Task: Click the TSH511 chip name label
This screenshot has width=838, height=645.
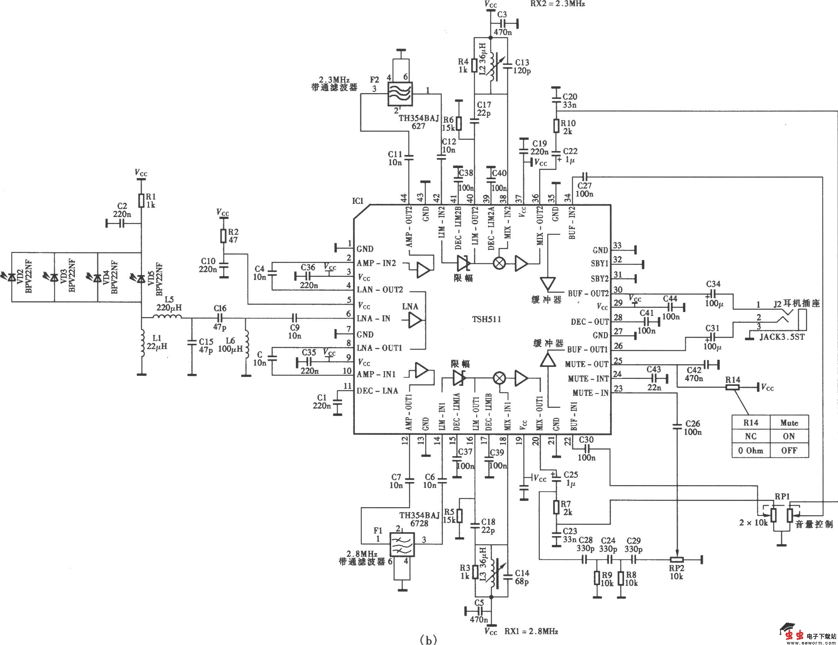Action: pyautogui.click(x=486, y=320)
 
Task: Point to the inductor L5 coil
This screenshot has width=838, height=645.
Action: pyautogui.click(x=167, y=317)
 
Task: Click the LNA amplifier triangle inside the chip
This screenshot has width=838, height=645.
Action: pyautogui.click(x=416, y=320)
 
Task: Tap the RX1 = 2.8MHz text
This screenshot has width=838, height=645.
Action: pyautogui.click(x=531, y=631)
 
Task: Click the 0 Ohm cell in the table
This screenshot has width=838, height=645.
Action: pyautogui.click(x=750, y=450)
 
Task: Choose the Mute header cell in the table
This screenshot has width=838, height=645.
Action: pyautogui.click(x=789, y=423)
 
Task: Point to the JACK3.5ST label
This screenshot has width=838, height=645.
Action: pyautogui.click(x=782, y=337)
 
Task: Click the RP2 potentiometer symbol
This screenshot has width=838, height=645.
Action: pyautogui.click(x=676, y=559)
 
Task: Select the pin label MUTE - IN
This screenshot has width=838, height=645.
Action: pyautogui.click(x=590, y=393)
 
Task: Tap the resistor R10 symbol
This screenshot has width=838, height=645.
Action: pyautogui.click(x=556, y=126)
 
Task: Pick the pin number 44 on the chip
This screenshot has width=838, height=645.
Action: pyautogui.click(x=404, y=198)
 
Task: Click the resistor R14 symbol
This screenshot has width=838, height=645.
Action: pyautogui.click(x=733, y=387)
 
